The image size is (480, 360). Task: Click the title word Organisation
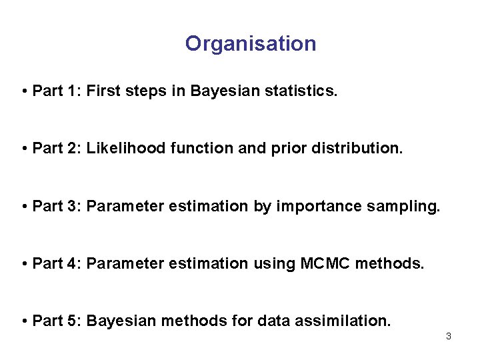tap(251, 44)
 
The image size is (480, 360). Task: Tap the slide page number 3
tap(449, 336)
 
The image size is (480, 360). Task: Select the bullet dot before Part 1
tap(24, 91)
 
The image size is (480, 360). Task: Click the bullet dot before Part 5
tap(24, 321)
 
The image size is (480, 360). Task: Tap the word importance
tap(308, 207)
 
